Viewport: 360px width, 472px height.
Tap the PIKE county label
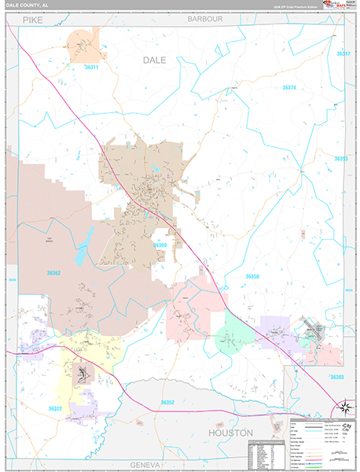click(32, 17)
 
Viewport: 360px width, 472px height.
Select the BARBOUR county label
click(205, 17)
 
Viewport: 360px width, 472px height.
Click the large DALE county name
click(153, 60)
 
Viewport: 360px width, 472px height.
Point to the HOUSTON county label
click(230, 433)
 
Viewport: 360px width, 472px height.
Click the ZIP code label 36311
click(92, 68)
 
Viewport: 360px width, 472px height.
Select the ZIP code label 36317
click(342, 54)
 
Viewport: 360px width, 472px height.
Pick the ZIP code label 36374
click(289, 87)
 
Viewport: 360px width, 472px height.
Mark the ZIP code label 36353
click(340, 159)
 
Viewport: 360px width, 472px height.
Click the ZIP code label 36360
click(160, 245)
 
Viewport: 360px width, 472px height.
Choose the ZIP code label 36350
click(252, 276)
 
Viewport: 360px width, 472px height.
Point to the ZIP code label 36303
click(336, 378)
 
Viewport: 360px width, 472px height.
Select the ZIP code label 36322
click(55, 408)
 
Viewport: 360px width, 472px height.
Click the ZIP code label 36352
click(167, 402)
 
